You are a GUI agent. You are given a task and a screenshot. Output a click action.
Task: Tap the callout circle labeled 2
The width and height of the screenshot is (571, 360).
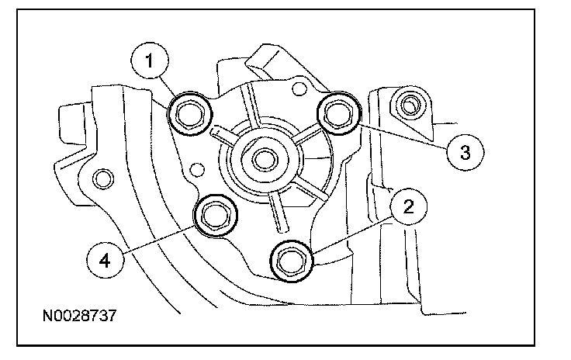pos(410,207)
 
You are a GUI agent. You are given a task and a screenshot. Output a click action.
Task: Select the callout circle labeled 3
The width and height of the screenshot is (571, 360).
pos(465,152)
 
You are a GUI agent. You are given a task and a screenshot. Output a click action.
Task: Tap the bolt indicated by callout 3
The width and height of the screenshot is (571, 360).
pos(338,112)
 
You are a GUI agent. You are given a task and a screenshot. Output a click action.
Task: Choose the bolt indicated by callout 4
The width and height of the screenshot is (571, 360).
pos(215,215)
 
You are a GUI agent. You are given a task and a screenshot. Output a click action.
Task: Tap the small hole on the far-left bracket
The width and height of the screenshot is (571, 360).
pos(99,180)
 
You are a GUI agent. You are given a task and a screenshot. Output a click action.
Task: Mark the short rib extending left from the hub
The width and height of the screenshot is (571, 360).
pos(220,137)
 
